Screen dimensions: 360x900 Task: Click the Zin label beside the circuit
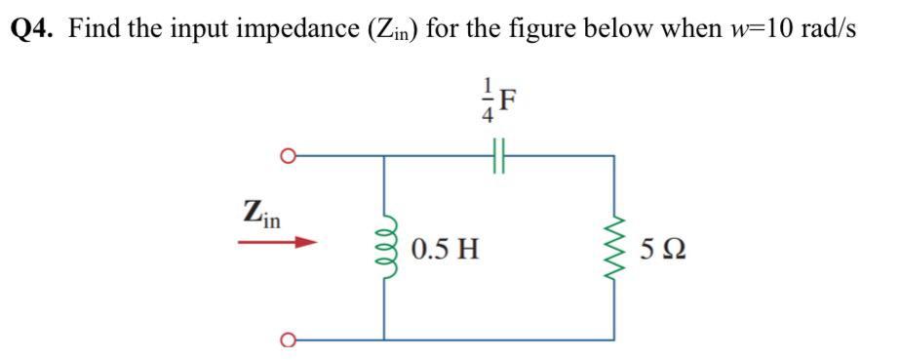click(x=262, y=212)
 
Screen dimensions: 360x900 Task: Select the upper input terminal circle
click(x=287, y=154)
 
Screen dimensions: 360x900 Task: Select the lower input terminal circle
click(x=287, y=340)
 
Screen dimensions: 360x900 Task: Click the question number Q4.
click(x=33, y=29)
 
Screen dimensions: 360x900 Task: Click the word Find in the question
click(x=93, y=29)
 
